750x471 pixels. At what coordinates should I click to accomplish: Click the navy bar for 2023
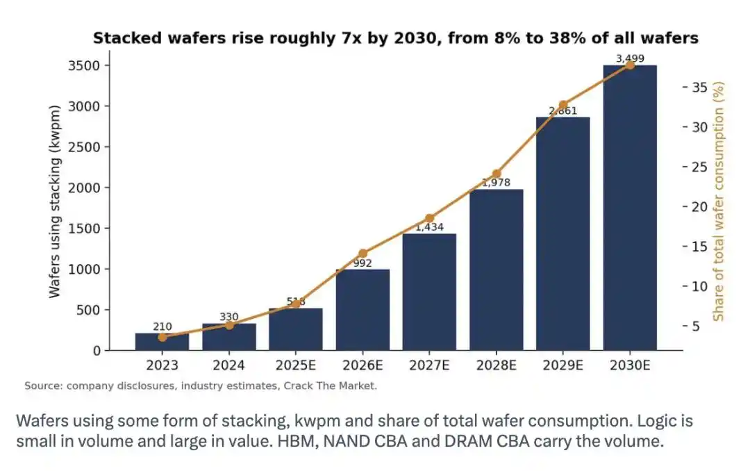tap(162, 342)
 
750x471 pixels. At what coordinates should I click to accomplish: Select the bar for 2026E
tap(362, 310)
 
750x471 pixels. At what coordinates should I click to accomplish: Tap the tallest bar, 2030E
tap(629, 208)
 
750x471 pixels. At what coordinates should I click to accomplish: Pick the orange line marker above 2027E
tap(430, 218)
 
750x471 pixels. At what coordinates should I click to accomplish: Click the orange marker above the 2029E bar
tap(563, 105)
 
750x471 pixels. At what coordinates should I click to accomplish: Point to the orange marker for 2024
tap(229, 326)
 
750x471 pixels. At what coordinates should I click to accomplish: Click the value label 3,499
tap(629, 58)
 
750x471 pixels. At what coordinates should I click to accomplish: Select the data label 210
tap(162, 327)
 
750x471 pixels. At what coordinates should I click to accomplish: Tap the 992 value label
tap(362, 263)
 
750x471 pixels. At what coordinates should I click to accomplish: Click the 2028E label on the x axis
tap(496, 365)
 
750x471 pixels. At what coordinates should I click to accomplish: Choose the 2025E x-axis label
tap(296, 365)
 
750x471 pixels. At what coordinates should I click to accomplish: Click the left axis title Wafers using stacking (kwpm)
tap(55, 201)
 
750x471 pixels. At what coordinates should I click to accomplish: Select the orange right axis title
tap(719, 201)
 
